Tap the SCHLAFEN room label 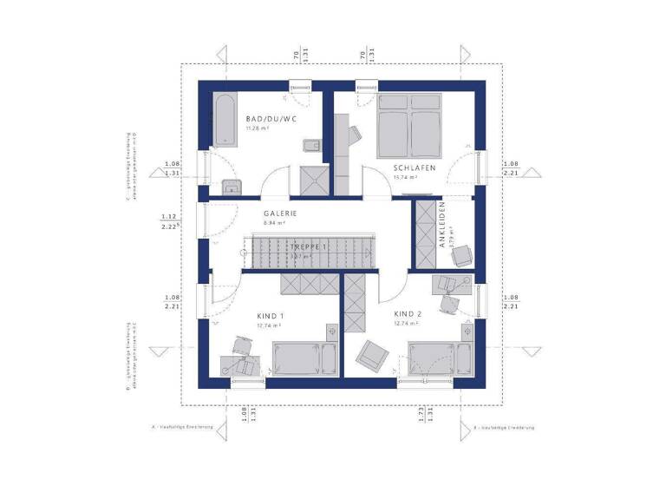(413, 167)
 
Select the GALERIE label (281, 213)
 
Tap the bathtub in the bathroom (223, 121)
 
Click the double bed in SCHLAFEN (408, 127)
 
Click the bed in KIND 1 (300, 357)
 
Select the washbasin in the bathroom (231, 187)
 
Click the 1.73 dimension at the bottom (421, 414)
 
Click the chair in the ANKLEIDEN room (460, 253)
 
